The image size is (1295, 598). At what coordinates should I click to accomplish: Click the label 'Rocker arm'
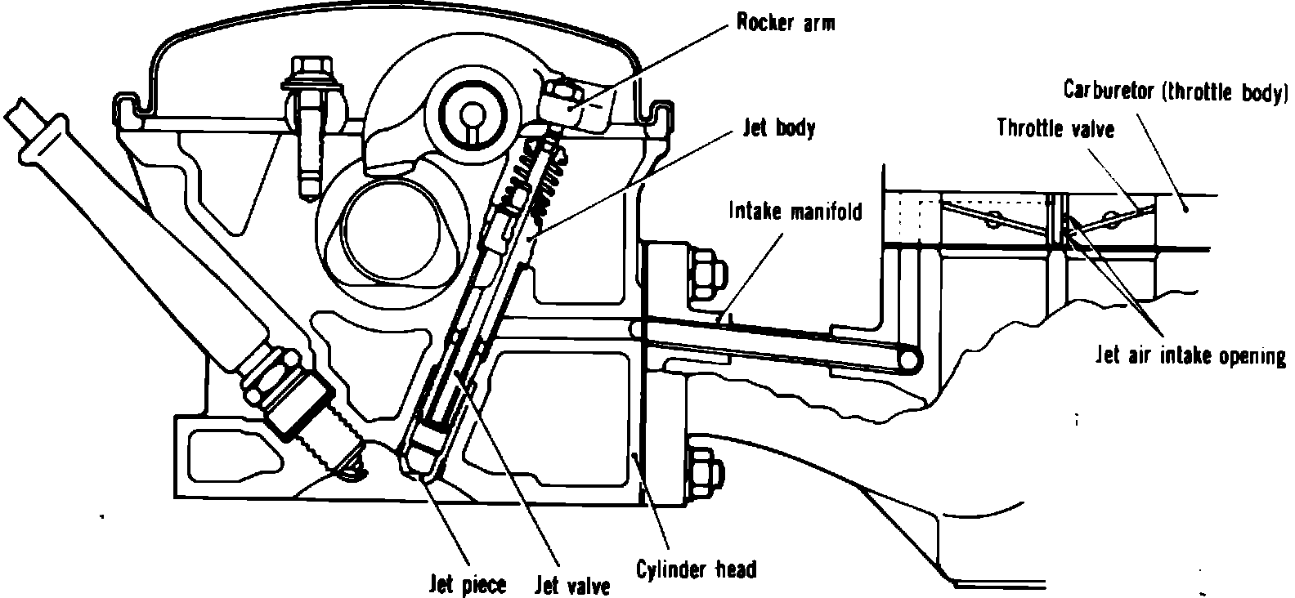point(786,23)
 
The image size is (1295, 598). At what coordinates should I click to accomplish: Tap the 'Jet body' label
point(777,128)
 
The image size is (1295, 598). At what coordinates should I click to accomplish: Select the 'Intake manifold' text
point(795,212)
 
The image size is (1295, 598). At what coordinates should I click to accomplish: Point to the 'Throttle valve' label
point(1055,128)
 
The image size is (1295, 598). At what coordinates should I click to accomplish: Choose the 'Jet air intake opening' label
point(1190,356)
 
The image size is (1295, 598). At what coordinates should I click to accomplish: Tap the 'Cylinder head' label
point(696,569)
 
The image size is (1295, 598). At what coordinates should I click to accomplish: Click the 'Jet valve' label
point(572,586)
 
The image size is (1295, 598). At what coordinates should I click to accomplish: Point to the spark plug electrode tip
point(353,467)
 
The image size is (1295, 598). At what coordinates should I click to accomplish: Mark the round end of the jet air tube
point(905,357)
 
